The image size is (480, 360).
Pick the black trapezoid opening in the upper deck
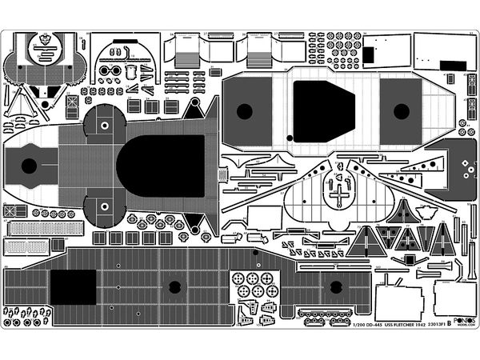tap(323, 110)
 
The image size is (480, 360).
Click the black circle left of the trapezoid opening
tap(245, 111)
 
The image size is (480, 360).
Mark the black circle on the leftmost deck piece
tap(29, 166)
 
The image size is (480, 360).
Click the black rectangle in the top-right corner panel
tap(369, 54)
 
